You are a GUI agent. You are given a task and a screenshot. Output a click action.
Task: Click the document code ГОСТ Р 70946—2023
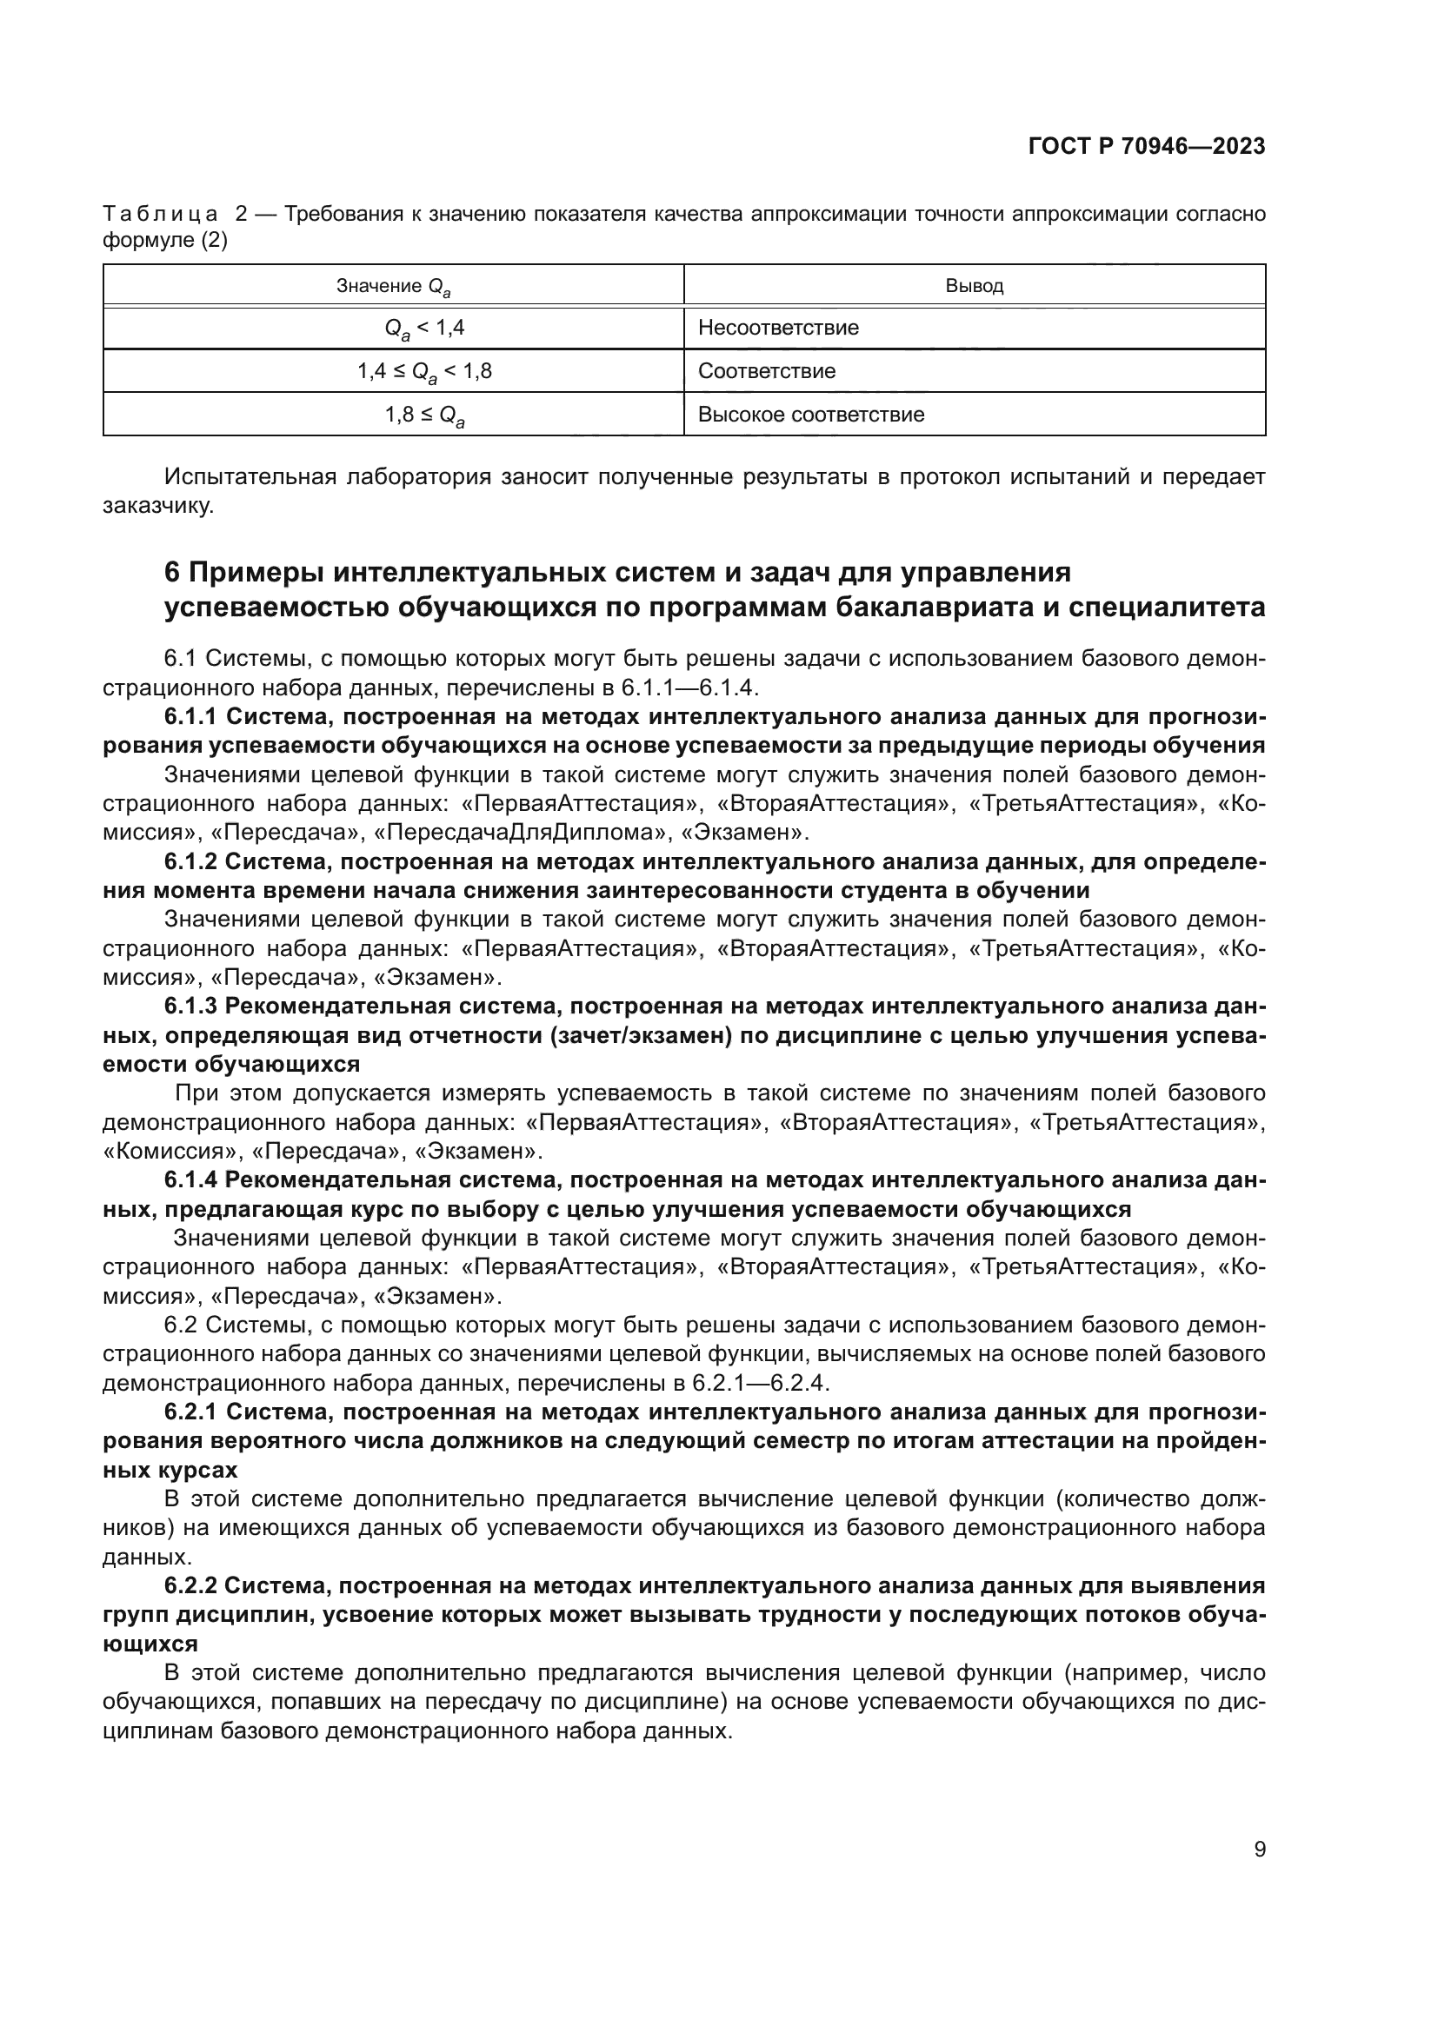1147,147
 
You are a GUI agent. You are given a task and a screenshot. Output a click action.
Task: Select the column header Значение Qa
393,287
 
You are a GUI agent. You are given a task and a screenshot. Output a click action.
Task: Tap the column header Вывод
974,286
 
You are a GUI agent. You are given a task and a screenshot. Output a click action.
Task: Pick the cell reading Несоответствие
778,329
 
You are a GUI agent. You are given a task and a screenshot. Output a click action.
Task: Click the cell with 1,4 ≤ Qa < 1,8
424,372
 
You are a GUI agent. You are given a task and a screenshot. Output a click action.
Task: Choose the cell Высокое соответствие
811,415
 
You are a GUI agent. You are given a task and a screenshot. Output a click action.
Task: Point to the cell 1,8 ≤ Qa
425,415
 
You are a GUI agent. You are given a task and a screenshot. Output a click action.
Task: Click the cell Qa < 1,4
424,329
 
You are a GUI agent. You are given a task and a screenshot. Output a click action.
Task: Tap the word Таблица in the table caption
160,215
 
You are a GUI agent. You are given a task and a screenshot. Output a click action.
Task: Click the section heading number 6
173,573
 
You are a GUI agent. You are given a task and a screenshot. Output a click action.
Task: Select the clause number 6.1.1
191,716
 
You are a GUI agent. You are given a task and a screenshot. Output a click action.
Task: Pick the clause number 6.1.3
191,1006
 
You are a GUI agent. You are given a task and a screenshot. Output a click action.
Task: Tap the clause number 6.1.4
191,1179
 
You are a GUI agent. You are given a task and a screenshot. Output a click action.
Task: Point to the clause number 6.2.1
191,1411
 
